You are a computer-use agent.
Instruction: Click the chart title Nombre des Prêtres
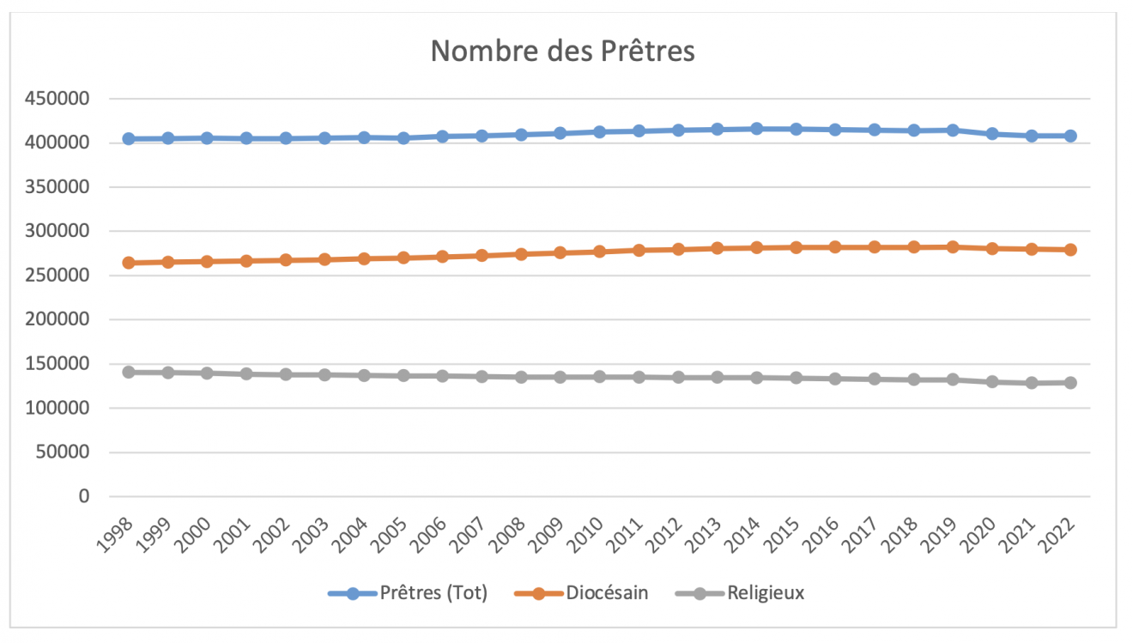pyautogui.click(x=562, y=52)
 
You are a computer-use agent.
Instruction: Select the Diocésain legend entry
pyautogui.click(x=606, y=593)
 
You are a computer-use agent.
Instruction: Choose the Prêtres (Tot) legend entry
pyautogui.click(x=433, y=593)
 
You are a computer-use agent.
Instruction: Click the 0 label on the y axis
pyautogui.click(x=83, y=496)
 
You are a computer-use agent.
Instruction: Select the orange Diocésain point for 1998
pyautogui.click(x=129, y=263)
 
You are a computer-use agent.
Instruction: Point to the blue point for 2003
pyautogui.click(x=324, y=138)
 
